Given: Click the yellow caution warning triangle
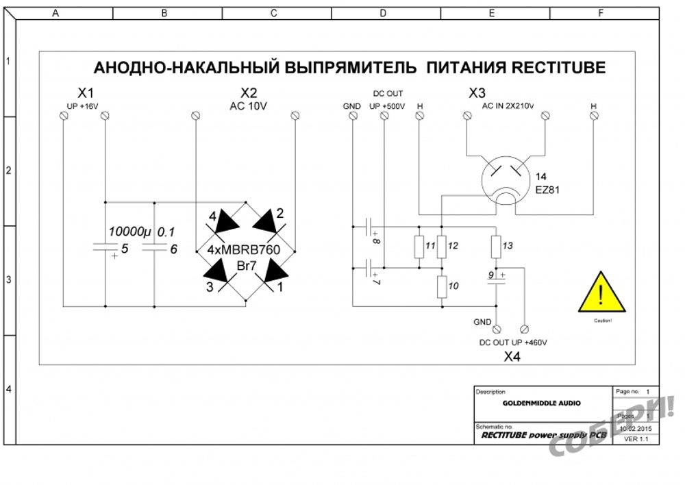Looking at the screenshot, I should pyautogui.click(x=600, y=294).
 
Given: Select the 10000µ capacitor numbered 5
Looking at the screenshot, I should pyautogui.click(x=105, y=251).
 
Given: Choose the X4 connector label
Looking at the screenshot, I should pyautogui.click(x=513, y=356).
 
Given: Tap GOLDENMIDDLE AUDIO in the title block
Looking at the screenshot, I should pyautogui.click(x=541, y=403).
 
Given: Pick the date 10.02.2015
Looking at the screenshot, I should pyautogui.click(x=635, y=428).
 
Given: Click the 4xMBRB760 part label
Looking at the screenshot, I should pyautogui.click(x=244, y=251).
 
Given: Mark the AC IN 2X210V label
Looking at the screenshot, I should pyautogui.click(x=508, y=106).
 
